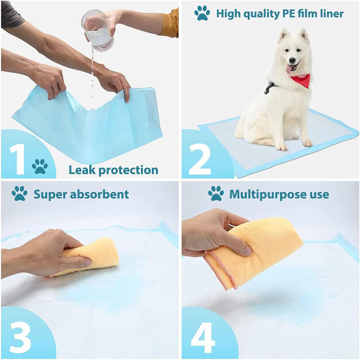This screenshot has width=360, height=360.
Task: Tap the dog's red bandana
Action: click(x=301, y=80)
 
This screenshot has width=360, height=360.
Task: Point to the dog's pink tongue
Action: click(x=289, y=69)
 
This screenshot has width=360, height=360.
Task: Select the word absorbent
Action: click(x=99, y=194)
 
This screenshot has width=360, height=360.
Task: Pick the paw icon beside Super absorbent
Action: click(x=19, y=193)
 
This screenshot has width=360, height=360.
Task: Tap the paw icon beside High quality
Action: click(x=202, y=13)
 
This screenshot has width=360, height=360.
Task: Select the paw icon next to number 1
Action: click(x=40, y=166)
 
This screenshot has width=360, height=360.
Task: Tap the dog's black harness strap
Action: click(x=270, y=87)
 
